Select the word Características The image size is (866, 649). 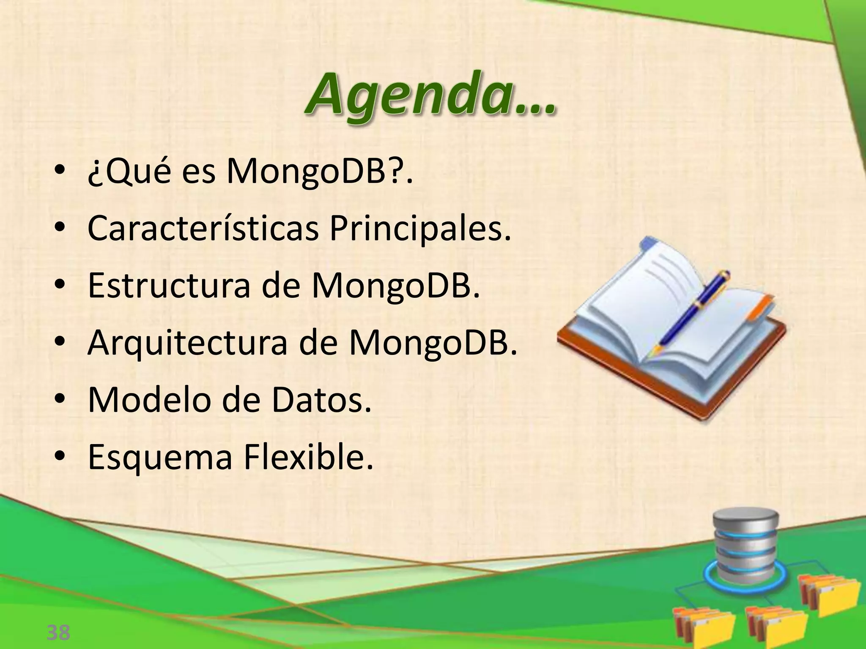click(203, 229)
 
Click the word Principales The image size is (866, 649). click(419, 229)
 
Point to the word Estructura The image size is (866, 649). click(169, 285)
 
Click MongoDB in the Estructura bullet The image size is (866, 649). click(396, 285)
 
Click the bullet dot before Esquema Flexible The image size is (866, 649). click(60, 456)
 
